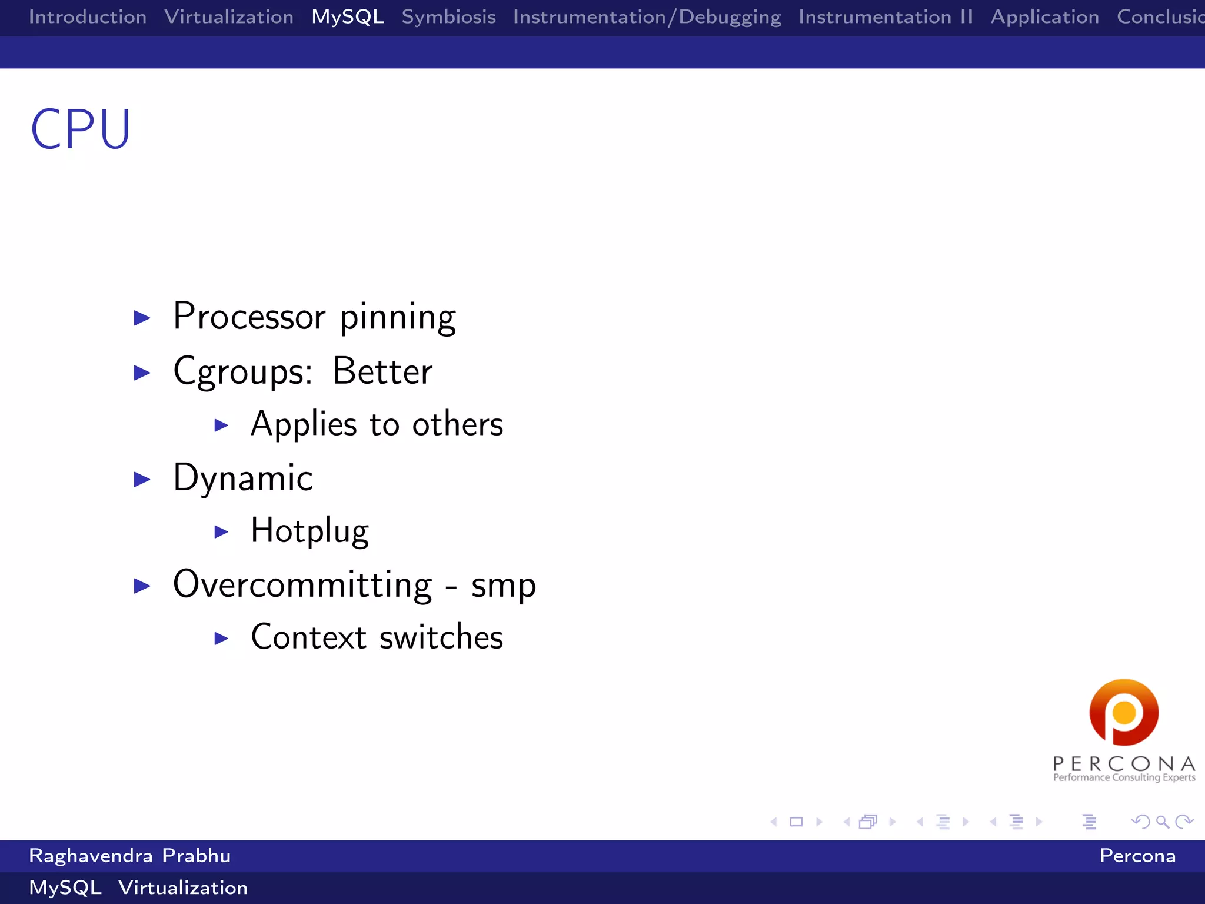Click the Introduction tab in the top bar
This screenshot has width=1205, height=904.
tap(88, 17)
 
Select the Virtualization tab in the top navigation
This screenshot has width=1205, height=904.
tap(229, 17)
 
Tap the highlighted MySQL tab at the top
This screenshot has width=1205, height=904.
tap(348, 17)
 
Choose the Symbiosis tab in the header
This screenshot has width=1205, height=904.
tap(448, 17)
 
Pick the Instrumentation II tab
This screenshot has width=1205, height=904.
tap(886, 17)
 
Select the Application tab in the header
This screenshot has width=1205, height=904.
tap(1044, 17)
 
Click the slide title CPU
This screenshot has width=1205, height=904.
tap(81, 129)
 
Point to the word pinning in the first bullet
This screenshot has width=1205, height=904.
tap(398, 318)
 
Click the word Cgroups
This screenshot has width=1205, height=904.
tap(242, 373)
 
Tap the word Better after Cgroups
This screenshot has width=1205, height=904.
tap(382, 371)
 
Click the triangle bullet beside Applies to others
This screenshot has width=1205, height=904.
tap(221, 425)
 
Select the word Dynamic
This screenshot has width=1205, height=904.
tap(243, 478)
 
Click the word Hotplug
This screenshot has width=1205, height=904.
tap(309, 531)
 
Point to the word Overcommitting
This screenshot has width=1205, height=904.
tap(302, 585)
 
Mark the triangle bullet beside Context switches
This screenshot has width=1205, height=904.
tap(221, 638)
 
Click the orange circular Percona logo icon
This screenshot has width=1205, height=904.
tap(1124, 712)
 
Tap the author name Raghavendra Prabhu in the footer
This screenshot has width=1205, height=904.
tap(129, 856)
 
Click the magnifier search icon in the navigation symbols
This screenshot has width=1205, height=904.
tap(1162, 822)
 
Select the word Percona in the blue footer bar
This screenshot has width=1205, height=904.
tap(1137, 856)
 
